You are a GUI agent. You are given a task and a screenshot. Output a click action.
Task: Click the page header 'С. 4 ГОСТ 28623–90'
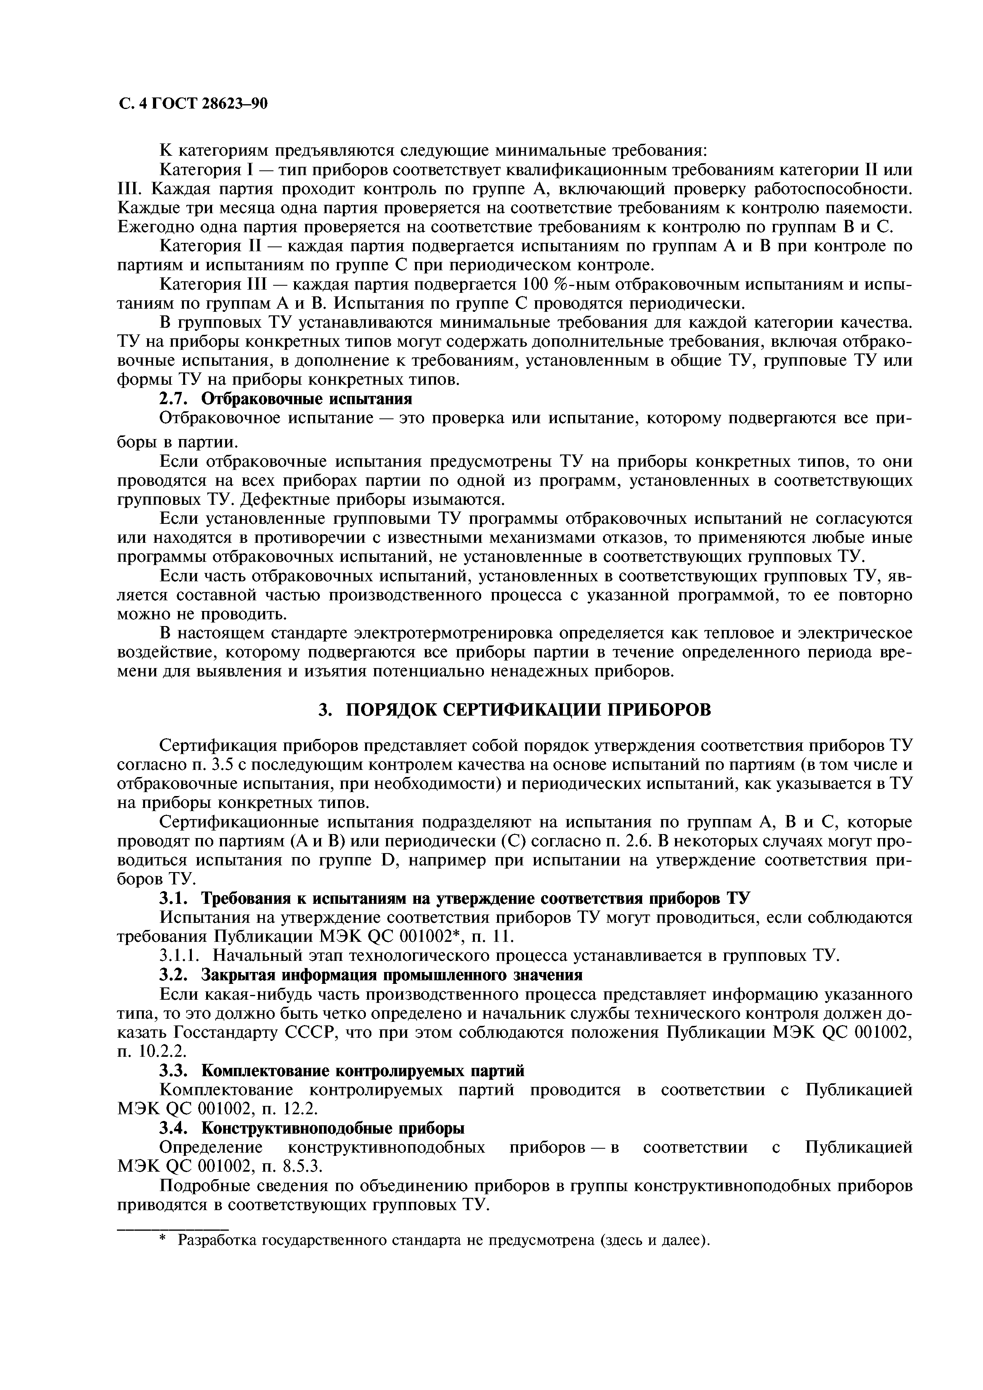pyautogui.click(x=192, y=104)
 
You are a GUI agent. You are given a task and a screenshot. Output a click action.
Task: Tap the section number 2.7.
pyautogui.click(x=174, y=399)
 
